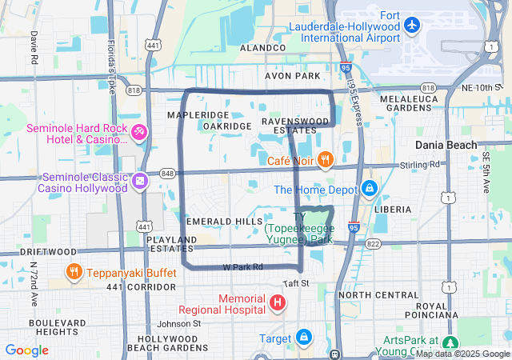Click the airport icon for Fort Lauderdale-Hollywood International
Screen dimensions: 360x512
pyautogui.click(x=412, y=25)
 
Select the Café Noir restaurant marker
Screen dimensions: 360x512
pyautogui.click(x=324, y=160)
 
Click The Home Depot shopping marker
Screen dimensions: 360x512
pyautogui.click(x=369, y=190)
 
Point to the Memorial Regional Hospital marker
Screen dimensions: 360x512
pyautogui.click(x=277, y=302)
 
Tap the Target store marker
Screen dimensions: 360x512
pyautogui.click(x=304, y=338)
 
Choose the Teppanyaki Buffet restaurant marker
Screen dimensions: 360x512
pyautogui.click(x=74, y=270)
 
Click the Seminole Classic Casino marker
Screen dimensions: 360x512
pyautogui.click(x=141, y=182)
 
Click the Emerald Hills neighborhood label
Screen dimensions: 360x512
pyautogui.click(x=223, y=221)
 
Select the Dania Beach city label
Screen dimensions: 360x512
pyautogui.click(x=446, y=145)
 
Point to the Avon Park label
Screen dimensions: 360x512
pyautogui.click(x=293, y=76)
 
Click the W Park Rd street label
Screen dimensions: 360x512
pyautogui.click(x=242, y=266)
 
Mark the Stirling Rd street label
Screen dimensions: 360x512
pyautogui.click(x=423, y=165)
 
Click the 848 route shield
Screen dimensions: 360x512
pyautogui.click(x=167, y=173)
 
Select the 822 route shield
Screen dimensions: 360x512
pyautogui.click(x=374, y=243)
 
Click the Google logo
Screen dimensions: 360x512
pyautogui.click(x=26, y=350)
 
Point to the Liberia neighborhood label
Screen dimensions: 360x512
pyautogui.click(x=393, y=209)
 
